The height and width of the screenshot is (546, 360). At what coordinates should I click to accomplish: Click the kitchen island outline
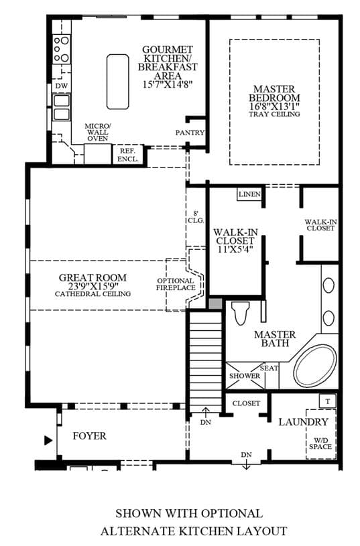click(x=107, y=82)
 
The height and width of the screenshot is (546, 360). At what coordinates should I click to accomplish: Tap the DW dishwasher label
click(x=62, y=86)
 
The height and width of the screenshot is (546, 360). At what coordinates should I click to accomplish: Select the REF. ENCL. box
click(x=128, y=155)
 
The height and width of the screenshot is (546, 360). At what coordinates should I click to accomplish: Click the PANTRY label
click(x=190, y=133)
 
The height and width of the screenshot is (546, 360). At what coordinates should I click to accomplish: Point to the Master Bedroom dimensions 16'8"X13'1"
click(x=274, y=107)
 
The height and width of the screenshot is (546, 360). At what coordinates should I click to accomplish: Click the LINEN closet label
click(x=249, y=194)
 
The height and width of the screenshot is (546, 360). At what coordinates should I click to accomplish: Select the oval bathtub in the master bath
click(x=315, y=366)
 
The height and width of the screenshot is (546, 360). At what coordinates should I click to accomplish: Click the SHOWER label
click(x=245, y=376)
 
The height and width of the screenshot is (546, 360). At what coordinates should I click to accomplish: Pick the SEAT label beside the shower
click(x=269, y=368)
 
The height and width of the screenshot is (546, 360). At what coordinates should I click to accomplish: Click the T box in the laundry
click(x=328, y=401)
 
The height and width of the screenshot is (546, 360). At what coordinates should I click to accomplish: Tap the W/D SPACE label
click(x=320, y=443)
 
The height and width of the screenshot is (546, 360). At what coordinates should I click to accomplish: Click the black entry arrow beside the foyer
click(x=48, y=441)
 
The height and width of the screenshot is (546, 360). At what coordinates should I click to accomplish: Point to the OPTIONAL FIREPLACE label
click(x=176, y=284)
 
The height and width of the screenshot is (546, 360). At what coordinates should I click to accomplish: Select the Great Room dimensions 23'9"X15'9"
click(x=93, y=286)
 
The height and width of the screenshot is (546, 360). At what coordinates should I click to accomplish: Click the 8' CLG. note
click(x=196, y=217)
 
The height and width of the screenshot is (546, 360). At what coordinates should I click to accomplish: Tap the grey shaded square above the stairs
click(x=215, y=303)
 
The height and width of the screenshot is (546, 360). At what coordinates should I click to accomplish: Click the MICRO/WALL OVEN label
click(x=98, y=132)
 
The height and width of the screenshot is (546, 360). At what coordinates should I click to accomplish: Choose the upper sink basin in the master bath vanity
click(x=328, y=285)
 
